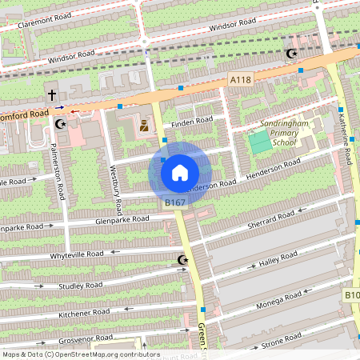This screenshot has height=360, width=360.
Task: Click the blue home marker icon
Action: pyautogui.click(x=180, y=172)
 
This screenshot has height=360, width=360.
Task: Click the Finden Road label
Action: pyautogui.click(x=192, y=121)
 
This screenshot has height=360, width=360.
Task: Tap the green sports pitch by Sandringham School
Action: pyautogui.click(x=259, y=144)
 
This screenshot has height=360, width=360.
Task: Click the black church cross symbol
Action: pyautogui.click(x=52, y=95)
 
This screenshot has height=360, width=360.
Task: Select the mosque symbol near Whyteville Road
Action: pyautogui.click(x=182, y=260)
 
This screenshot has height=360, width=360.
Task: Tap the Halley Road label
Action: pyautogui.click(x=278, y=258)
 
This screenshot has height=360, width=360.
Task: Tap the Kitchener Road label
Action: pyautogui.click(x=84, y=314)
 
